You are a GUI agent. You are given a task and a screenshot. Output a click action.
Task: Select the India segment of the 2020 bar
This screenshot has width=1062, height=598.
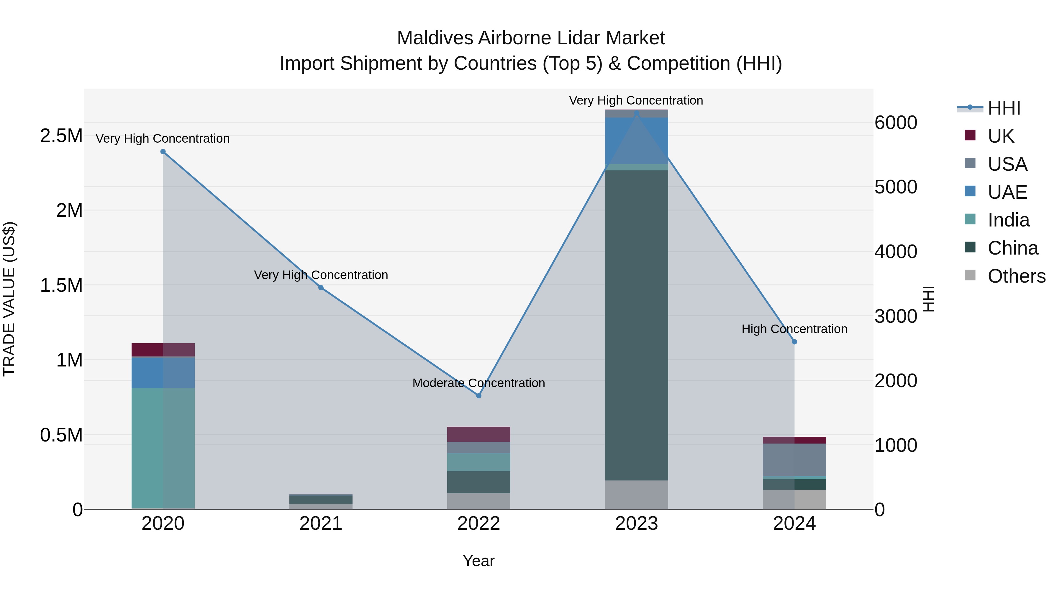pyautogui.click(x=163, y=447)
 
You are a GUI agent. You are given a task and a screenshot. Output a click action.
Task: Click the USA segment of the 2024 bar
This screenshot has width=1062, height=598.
pyautogui.click(x=794, y=460)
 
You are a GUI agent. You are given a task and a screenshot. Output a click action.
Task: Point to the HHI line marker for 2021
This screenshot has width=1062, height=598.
pyautogui.click(x=321, y=288)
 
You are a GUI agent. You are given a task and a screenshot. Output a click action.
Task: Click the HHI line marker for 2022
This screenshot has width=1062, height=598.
pyautogui.click(x=479, y=396)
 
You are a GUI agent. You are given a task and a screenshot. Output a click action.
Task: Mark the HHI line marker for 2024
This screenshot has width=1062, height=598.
pyautogui.click(x=794, y=342)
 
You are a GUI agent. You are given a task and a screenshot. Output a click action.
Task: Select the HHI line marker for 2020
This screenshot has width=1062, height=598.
pyautogui.click(x=163, y=152)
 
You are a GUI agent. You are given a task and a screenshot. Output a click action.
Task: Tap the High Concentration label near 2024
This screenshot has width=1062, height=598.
pyautogui.click(x=794, y=329)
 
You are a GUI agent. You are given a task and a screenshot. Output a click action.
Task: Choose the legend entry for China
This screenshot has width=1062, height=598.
pyautogui.click(x=1012, y=248)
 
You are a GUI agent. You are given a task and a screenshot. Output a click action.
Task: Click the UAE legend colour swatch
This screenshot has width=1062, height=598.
pyautogui.click(x=970, y=191)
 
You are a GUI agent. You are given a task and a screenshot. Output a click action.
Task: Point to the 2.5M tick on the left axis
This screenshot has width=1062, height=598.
pyautogui.click(x=61, y=136)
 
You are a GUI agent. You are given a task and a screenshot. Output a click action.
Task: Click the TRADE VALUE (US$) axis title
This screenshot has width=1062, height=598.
pyautogui.click(x=9, y=299)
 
